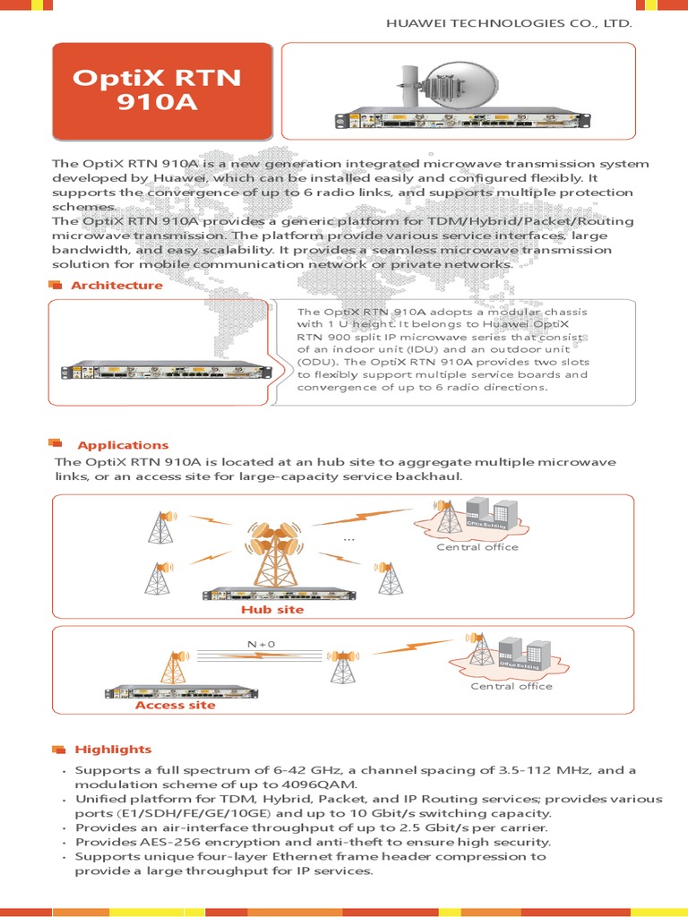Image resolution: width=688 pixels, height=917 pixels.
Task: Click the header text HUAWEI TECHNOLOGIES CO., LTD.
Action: tap(509, 24)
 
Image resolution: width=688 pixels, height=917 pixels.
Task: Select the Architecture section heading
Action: tap(116, 286)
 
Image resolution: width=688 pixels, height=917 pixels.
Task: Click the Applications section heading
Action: tap(123, 445)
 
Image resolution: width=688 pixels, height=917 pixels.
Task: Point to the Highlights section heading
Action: tap(113, 750)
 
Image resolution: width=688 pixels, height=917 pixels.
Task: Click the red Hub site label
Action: tap(272, 610)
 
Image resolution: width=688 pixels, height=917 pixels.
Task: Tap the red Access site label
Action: tap(176, 706)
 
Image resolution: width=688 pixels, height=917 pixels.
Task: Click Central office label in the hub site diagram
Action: tap(477, 547)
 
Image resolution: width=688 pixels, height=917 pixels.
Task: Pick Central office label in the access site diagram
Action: tap(511, 686)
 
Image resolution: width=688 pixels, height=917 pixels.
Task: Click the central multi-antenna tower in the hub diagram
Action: tap(270, 550)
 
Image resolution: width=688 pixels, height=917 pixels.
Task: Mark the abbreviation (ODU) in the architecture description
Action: tap(318, 362)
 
